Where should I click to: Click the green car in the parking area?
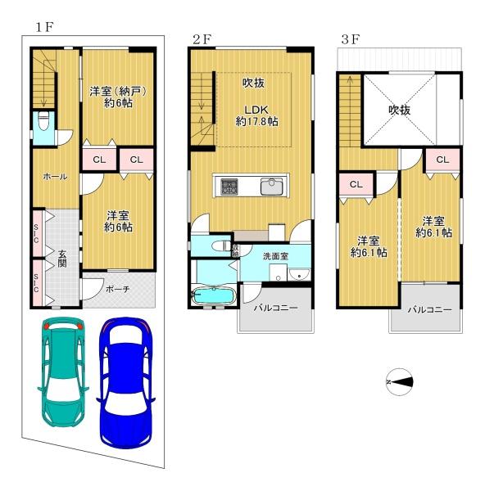[63, 372]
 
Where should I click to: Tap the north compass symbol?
[399, 381]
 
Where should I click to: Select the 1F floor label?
[44, 27]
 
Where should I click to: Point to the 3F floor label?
[350, 40]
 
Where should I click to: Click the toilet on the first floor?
[43, 121]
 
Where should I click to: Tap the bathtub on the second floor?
[214, 295]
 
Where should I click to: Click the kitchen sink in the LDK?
[271, 187]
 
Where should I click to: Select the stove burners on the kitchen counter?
[229, 187]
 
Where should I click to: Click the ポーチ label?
[118, 289]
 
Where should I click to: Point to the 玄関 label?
[62, 259]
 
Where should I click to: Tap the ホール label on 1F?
[55, 176]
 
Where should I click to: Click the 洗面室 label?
[275, 256]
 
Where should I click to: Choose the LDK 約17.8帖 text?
[256, 116]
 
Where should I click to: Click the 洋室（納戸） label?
[118, 92]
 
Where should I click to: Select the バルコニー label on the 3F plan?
[430, 310]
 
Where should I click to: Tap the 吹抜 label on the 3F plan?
[400, 110]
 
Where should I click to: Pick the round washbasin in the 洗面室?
[299, 275]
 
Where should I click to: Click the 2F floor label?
[202, 40]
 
